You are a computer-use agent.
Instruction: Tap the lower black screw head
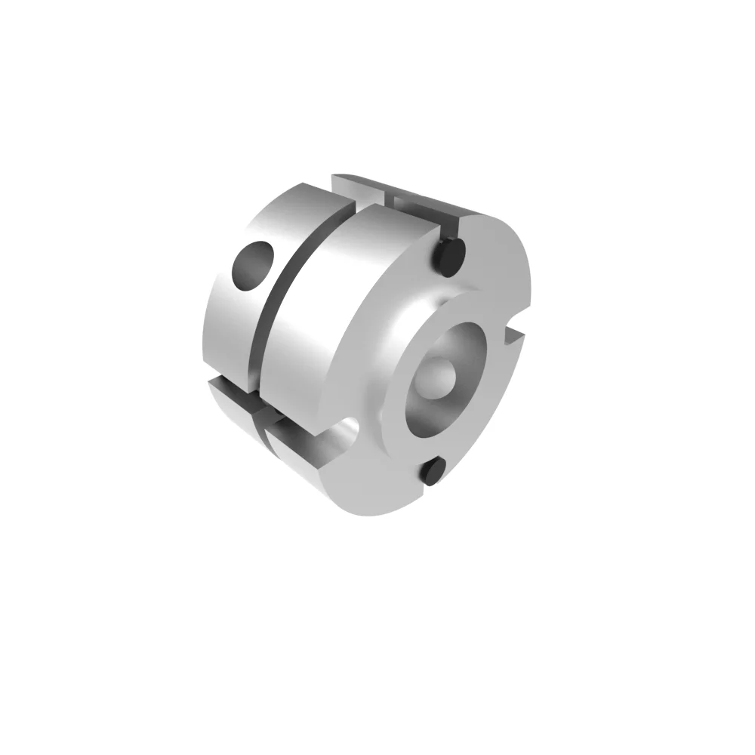point(432,473)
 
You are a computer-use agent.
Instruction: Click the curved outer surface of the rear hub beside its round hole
point(226,317)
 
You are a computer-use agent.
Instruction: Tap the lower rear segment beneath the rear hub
point(226,396)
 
